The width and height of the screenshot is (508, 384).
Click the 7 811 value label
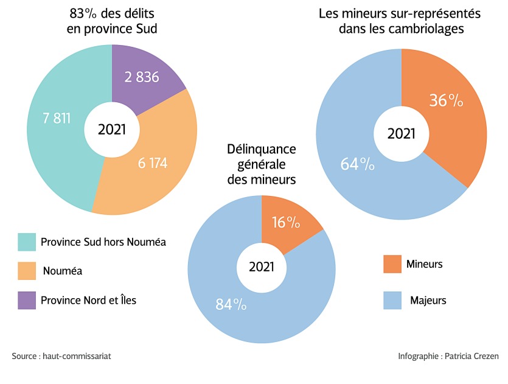tap(57, 118)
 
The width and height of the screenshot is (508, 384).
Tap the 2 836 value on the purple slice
tap(142, 77)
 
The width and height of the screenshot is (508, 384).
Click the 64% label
tap(357, 164)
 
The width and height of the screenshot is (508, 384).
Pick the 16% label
tap(286, 223)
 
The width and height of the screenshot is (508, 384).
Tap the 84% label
tap(231, 304)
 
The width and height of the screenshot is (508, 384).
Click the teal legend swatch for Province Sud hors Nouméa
tap(26, 242)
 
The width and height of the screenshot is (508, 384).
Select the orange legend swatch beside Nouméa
tap(26, 271)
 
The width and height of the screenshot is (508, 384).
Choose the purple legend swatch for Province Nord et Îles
tap(26, 300)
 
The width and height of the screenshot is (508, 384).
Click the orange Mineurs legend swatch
tap(392, 264)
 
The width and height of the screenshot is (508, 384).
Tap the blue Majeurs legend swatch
tap(392, 300)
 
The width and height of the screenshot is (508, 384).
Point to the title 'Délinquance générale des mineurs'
tap(261, 164)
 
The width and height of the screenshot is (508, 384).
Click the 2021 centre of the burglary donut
tap(402, 133)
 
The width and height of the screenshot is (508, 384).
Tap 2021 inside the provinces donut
tap(112, 129)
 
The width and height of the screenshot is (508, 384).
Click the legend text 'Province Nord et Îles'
tap(88, 300)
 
